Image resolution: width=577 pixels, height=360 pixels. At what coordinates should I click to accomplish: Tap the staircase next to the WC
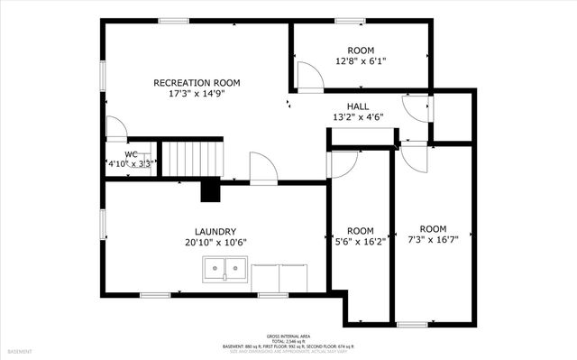[191, 159]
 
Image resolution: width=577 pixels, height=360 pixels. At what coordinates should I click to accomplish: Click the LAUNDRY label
[215, 231]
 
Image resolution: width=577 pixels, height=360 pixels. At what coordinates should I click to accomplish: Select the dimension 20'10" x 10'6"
[215, 242]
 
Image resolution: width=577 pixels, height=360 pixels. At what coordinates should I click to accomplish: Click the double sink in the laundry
[225, 268]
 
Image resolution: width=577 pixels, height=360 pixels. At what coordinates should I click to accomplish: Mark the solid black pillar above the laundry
[210, 190]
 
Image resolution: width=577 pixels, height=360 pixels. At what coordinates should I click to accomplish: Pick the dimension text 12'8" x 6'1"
[361, 61]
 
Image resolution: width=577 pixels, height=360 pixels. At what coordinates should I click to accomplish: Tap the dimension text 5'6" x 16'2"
[361, 241]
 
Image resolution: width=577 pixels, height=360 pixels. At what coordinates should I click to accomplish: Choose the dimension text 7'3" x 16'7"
[433, 239]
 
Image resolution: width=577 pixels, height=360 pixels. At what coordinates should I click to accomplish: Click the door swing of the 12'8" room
[309, 79]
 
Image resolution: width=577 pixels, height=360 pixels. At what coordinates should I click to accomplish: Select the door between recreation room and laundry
[263, 169]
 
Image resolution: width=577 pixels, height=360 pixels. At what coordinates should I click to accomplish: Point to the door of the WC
[116, 129]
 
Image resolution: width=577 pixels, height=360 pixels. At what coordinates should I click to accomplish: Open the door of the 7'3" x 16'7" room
[414, 157]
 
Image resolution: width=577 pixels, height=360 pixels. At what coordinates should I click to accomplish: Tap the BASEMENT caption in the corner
[20, 351]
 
